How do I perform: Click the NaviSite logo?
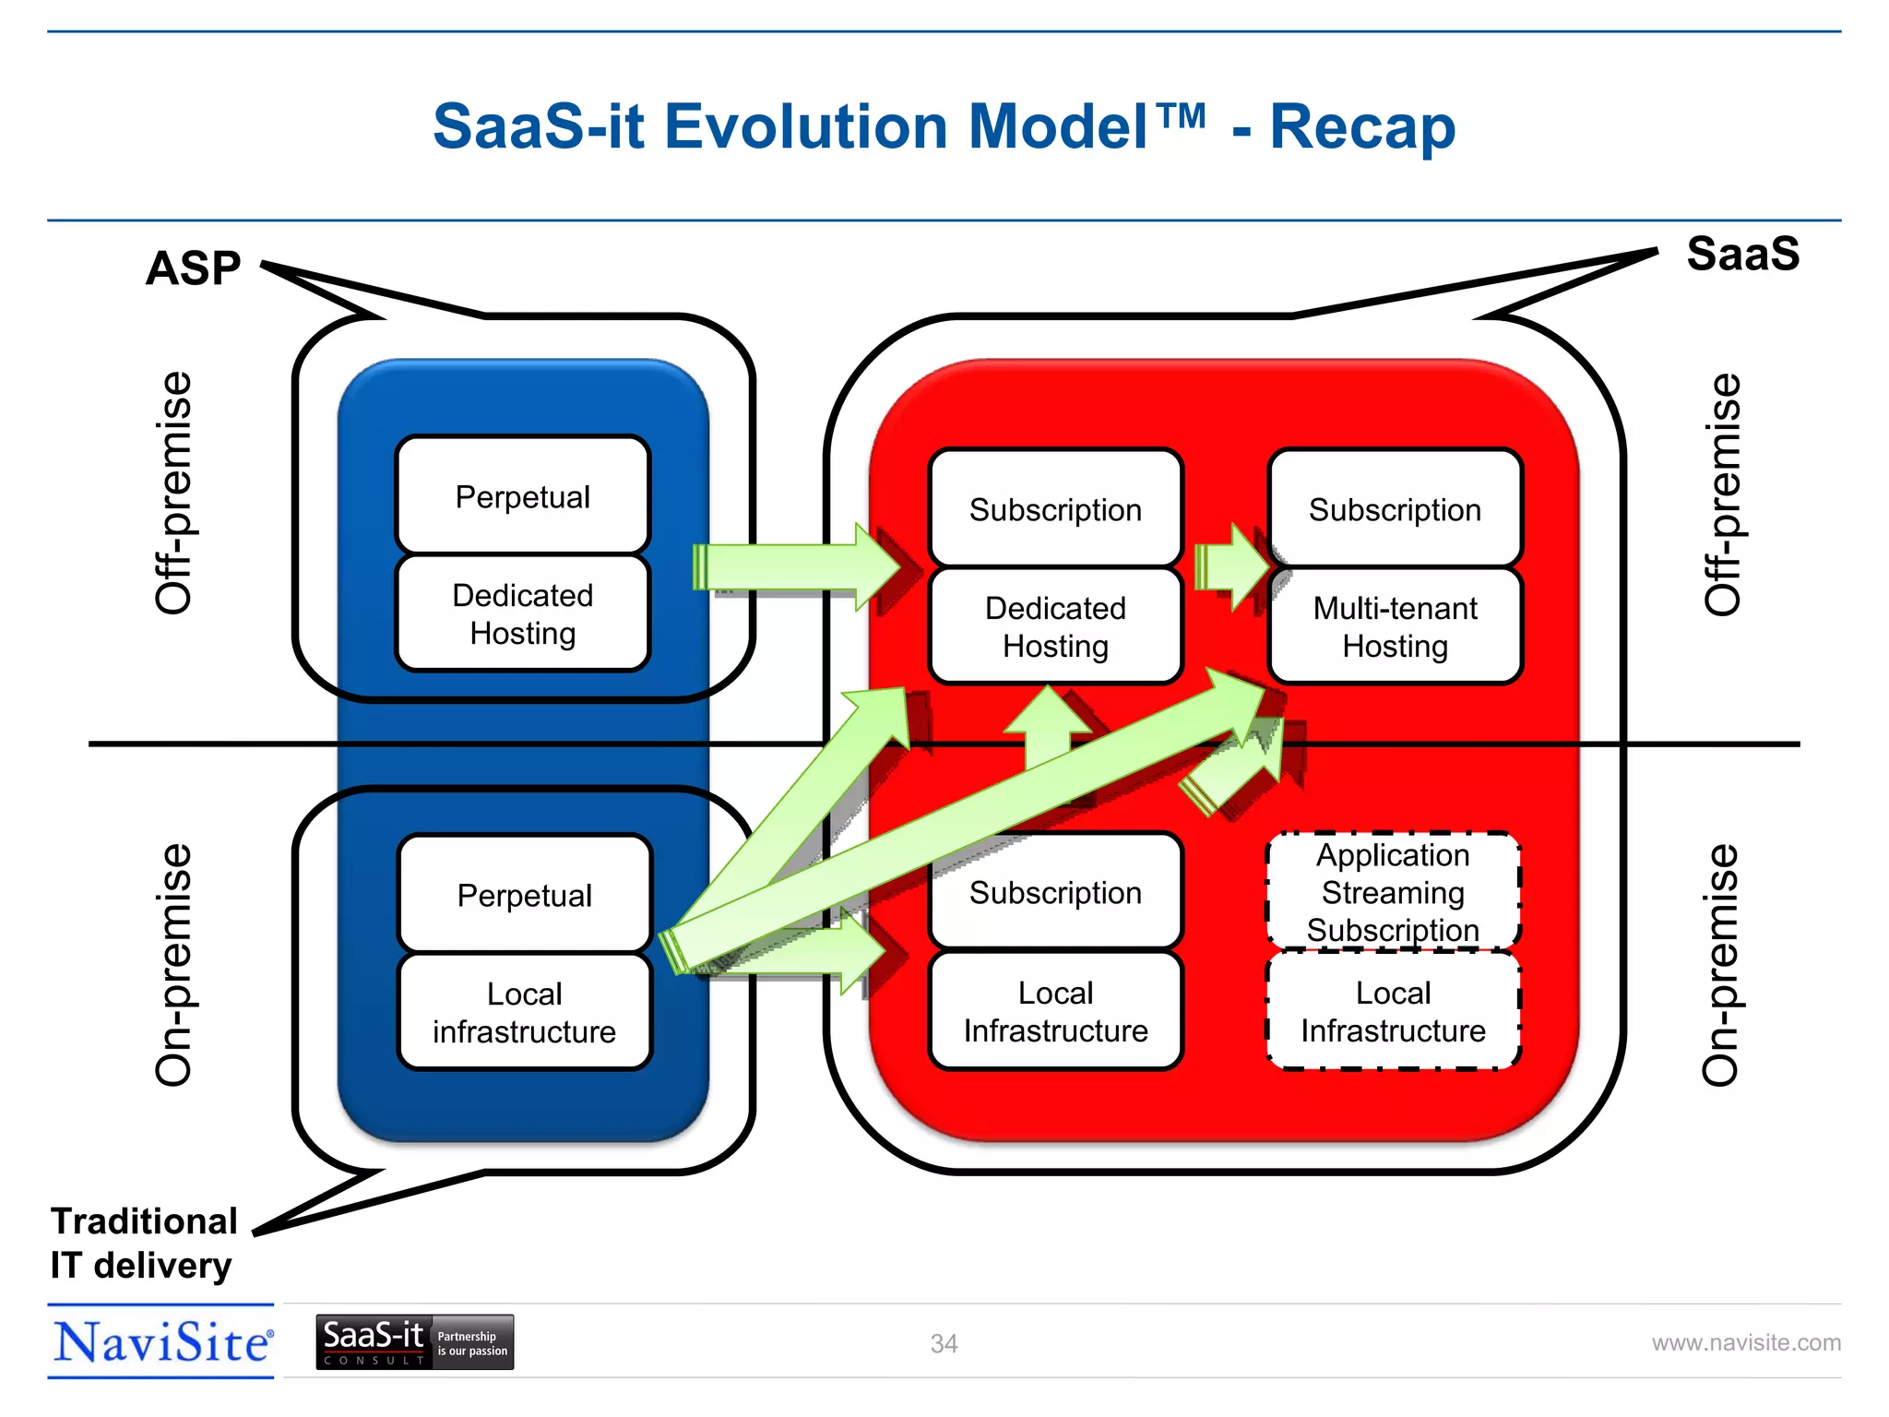(162, 1342)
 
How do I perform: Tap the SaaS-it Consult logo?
(414, 1342)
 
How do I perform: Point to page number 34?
(944, 1344)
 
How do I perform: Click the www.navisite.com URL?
(1745, 1343)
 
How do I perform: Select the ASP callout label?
(193, 268)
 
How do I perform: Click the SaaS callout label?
(1742, 254)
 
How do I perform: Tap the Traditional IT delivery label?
(143, 1243)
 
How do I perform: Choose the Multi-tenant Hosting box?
(1395, 627)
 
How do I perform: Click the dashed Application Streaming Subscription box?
(1393, 892)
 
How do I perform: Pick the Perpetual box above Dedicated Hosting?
(523, 496)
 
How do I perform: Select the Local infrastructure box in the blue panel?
(524, 1012)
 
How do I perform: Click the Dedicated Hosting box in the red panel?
(1055, 627)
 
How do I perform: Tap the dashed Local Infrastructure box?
(1393, 1012)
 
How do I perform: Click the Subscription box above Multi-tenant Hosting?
(1395, 509)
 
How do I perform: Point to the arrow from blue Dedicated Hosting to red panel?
(793, 566)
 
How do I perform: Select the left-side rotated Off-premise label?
(173, 493)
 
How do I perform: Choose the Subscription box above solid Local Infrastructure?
(1055, 892)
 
